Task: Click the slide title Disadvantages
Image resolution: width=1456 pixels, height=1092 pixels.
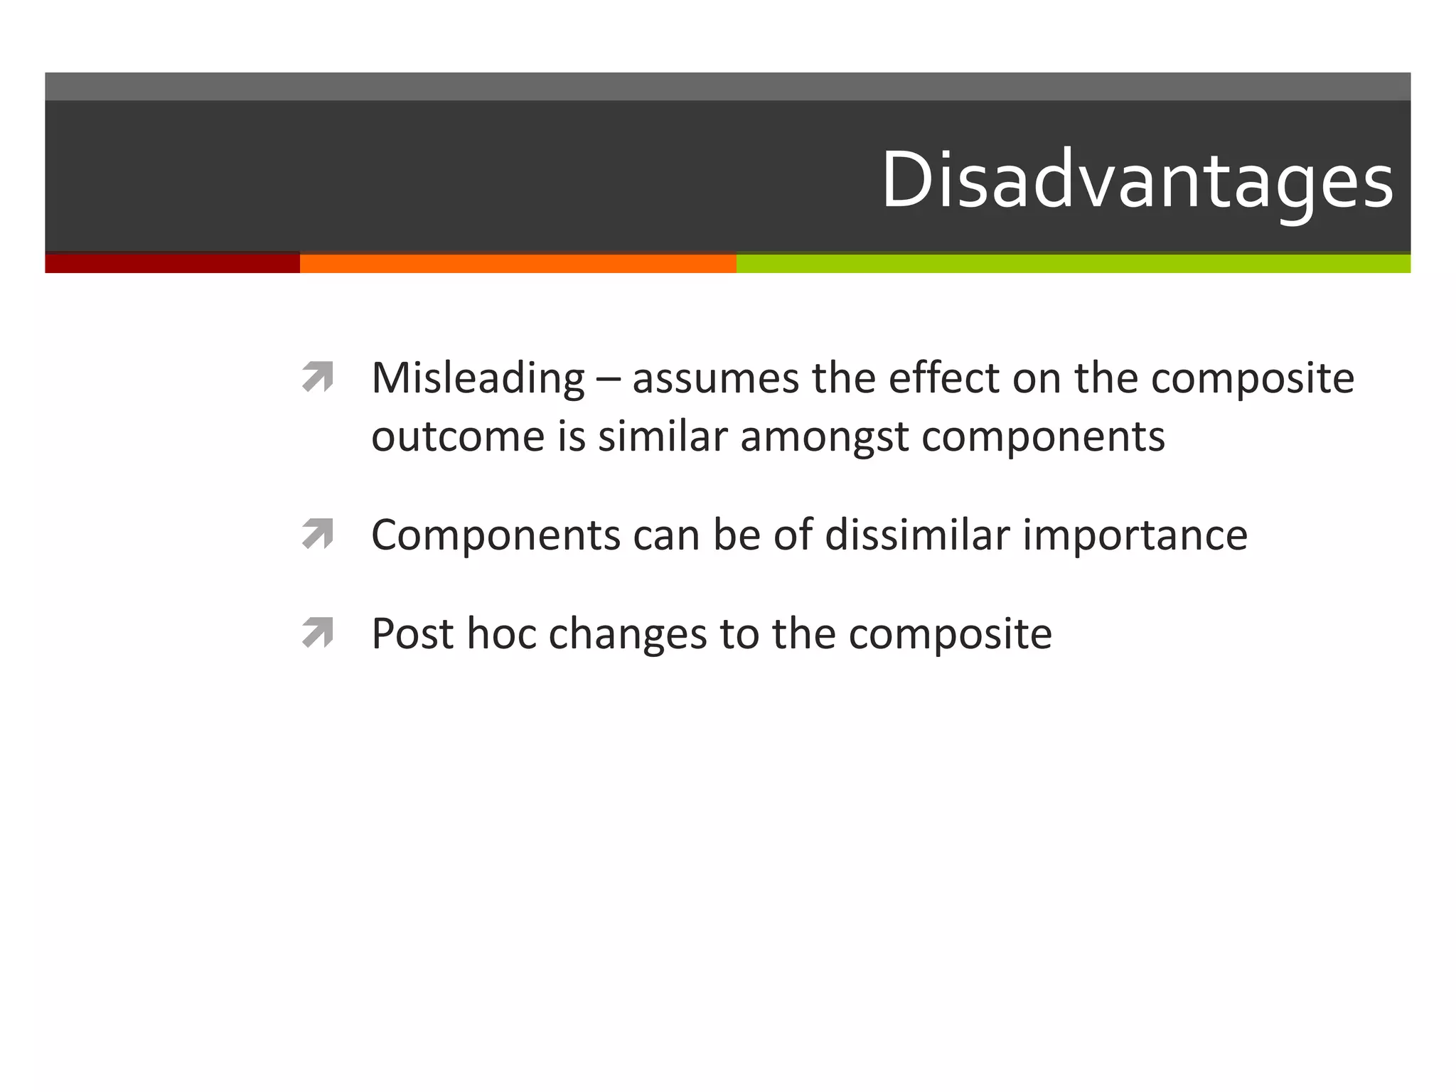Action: tap(1137, 181)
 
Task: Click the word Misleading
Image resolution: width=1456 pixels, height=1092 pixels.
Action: tap(478, 378)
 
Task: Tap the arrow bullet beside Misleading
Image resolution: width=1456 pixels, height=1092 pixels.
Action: tap(318, 377)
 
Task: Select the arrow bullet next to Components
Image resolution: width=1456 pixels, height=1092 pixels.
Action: tap(318, 534)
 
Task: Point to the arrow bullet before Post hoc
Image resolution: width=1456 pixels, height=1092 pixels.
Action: tap(318, 633)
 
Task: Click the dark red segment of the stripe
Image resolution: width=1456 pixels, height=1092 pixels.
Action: tap(172, 263)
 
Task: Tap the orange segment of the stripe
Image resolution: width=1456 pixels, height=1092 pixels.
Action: tap(518, 263)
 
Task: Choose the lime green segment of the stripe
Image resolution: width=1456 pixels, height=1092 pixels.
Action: tap(1073, 263)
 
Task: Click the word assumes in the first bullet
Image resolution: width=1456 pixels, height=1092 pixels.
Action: tap(715, 379)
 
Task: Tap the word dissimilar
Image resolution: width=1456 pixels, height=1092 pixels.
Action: tap(916, 534)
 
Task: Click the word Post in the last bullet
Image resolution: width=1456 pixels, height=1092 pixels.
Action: tap(412, 633)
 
